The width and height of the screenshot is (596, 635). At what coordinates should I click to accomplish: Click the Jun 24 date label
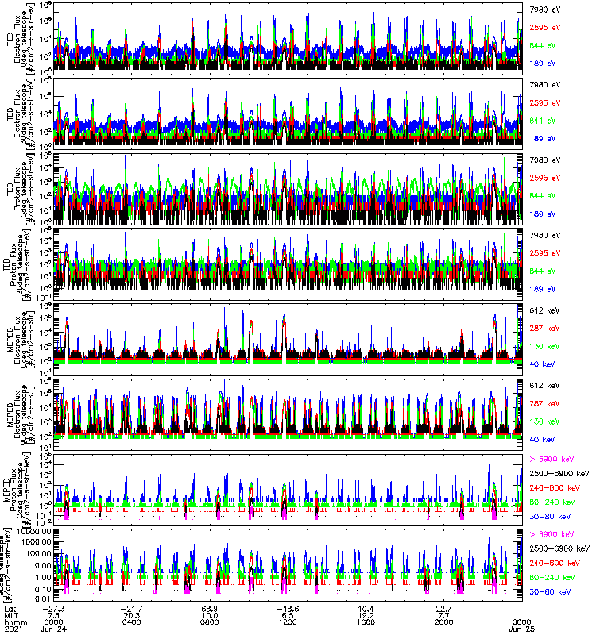[x=55, y=630]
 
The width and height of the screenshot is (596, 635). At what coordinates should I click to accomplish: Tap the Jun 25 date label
[x=521, y=630]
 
